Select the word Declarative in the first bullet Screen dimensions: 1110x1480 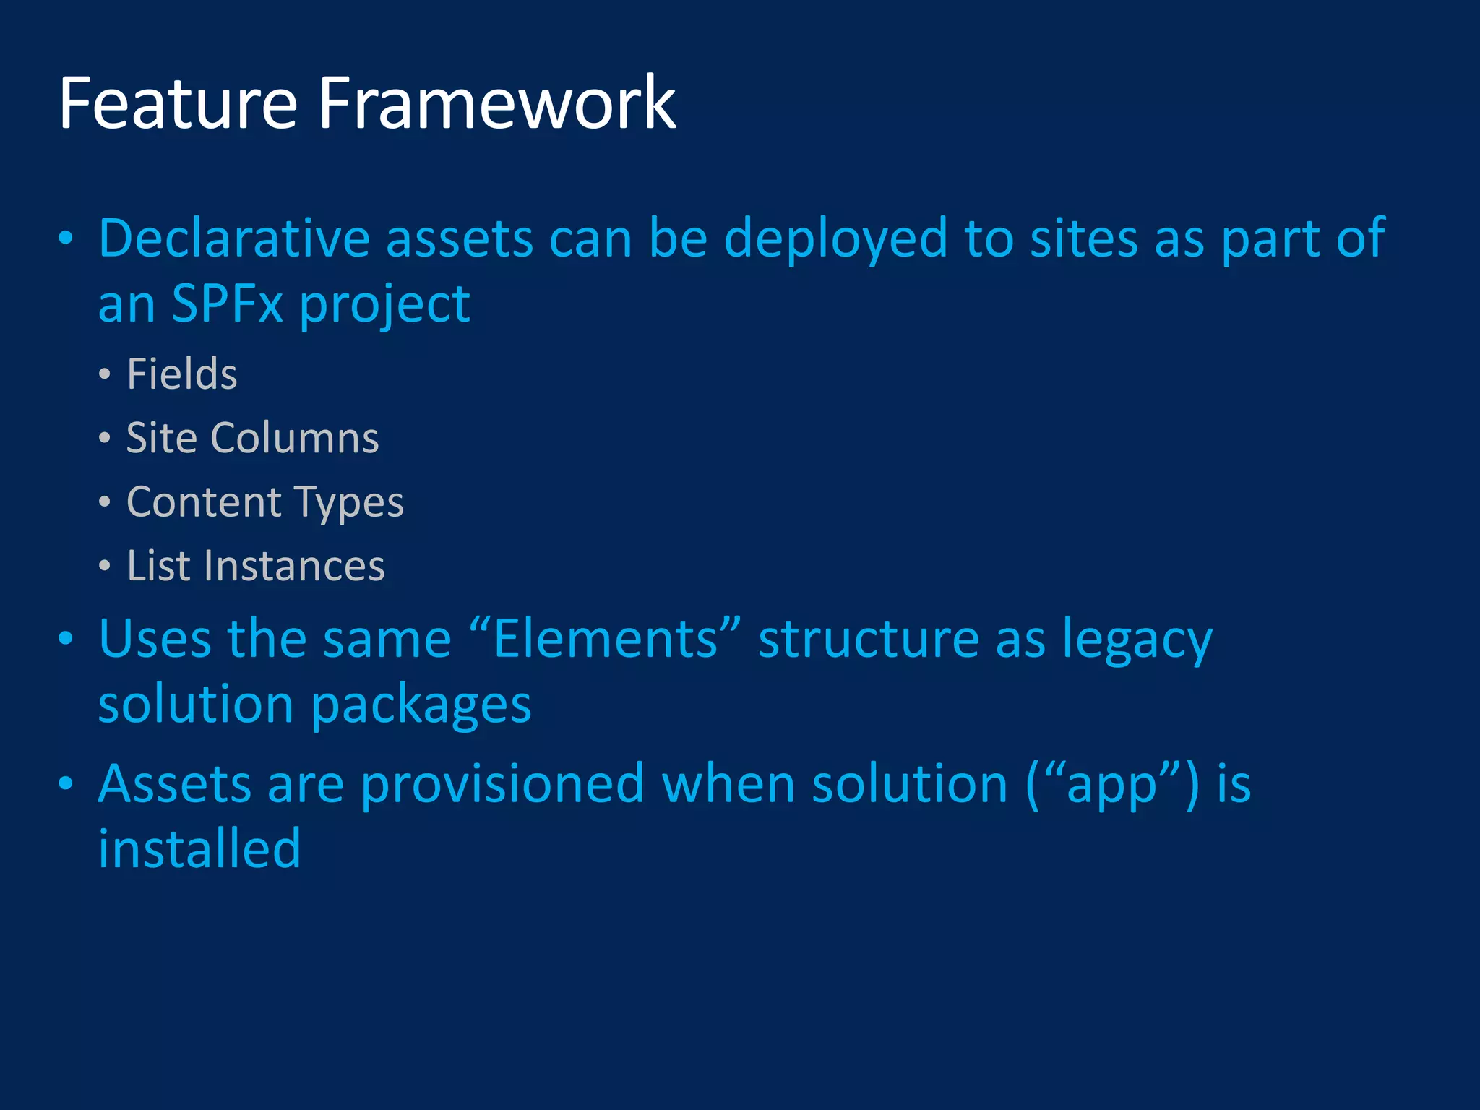(233, 238)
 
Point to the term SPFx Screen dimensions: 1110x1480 (227, 304)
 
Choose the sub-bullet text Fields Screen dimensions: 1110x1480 (182, 374)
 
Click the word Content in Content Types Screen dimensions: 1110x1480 (204, 502)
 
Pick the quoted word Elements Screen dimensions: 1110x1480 (606, 639)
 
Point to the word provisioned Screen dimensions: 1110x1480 (502, 784)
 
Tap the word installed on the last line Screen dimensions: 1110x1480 (199, 848)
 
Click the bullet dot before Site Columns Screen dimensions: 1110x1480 (105, 438)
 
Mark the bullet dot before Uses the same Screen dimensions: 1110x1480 (66, 639)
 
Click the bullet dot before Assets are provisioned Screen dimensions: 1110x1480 (66, 784)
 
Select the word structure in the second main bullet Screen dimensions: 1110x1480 (868, 639)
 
